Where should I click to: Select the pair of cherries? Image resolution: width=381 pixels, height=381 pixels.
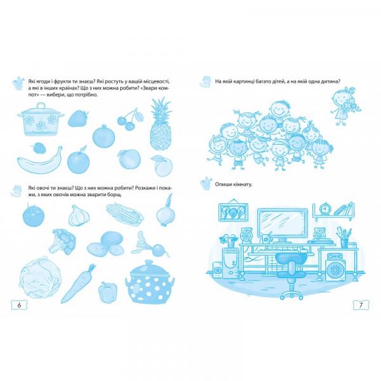[130, 120]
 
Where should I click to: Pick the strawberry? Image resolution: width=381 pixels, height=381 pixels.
[77, 118]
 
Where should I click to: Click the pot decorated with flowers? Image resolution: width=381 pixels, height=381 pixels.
[41, 120]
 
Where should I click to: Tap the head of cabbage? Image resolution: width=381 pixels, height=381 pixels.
[40, 277]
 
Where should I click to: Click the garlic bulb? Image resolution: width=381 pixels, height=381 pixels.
[79, 215]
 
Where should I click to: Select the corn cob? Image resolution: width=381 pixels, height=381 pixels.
[125, 214]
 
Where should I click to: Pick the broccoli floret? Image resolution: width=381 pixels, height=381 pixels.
[62, 241]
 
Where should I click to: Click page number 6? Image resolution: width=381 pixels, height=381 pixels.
[19, 305]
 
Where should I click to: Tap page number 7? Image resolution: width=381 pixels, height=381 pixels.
[361, 305]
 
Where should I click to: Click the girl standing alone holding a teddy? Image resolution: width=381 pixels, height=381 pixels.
[345, 107]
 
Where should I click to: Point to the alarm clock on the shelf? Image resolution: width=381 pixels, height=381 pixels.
[324, 210]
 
